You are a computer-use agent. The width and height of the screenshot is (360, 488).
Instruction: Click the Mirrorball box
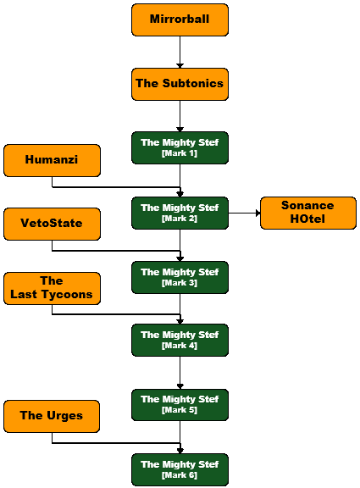coord(180,20)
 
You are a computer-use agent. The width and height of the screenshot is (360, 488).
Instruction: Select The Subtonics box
coord(180,84)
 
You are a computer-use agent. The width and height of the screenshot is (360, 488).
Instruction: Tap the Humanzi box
coord(52,160)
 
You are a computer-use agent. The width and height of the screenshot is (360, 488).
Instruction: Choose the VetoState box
coord(52,224)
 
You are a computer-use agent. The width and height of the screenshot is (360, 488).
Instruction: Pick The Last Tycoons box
coord(52,289)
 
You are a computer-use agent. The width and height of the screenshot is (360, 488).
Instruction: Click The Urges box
coord(52,417)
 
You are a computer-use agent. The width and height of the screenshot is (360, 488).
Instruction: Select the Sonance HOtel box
coord(308,213)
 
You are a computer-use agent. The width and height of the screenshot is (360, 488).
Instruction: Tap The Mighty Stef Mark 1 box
coord(180,147)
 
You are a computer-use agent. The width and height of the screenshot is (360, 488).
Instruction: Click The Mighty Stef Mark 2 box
coord(180,213)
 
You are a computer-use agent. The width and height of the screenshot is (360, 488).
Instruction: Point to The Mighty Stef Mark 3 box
coord(180,277)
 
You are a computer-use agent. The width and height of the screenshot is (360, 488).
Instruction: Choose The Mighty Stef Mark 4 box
coord(180,341)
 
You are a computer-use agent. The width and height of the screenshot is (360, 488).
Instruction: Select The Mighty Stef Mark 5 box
coord(180,405)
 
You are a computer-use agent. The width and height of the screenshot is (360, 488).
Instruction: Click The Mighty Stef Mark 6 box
coord(180,469)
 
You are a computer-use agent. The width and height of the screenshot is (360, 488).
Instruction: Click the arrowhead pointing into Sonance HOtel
coord(258,213)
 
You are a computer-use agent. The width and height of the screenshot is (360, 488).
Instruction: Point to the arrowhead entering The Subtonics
coord(180,66)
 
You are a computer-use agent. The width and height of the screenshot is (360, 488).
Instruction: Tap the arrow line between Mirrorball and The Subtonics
coord(180,52)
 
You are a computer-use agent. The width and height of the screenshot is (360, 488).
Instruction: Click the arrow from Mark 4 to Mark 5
coord(180,373)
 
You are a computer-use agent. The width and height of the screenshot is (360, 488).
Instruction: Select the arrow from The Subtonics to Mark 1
coord(180,116)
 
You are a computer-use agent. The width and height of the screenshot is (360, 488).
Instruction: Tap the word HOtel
coord(307,219)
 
